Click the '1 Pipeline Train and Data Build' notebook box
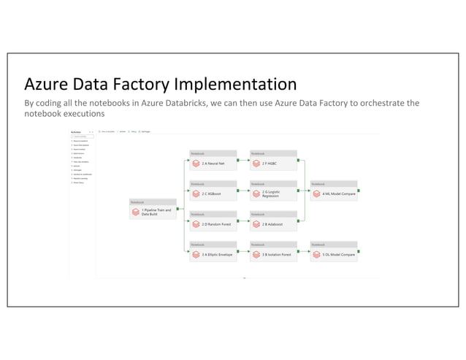tap(153, 212)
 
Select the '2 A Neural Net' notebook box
tap(213, 164)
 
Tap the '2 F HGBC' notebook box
tap(273, 164)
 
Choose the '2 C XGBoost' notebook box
tap(213, 194)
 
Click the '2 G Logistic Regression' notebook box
tap(273, 194)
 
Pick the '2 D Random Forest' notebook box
tap(213, 224)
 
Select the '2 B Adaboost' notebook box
tap(273, 224)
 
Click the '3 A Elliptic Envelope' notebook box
tap(213, 255)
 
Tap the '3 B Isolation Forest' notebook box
tap(273, 255)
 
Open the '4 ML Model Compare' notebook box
tap(334, 194)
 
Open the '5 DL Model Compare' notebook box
tap(334, 255)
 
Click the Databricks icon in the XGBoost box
tap(196, 195)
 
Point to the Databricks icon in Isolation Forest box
tap(256, 256)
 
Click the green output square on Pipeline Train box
tap(178, 208)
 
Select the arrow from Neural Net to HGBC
tap(244, 161)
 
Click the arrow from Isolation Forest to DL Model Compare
tap(304, 251)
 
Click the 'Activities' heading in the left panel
tap(76, 131)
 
